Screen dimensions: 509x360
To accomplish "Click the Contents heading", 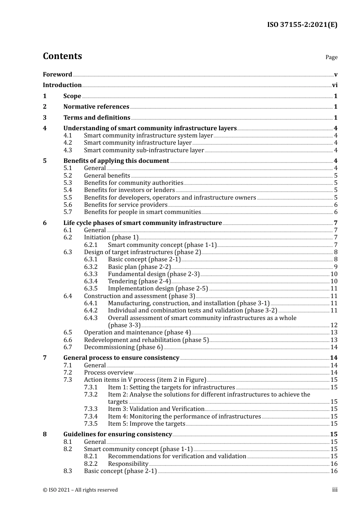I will pos(62,56).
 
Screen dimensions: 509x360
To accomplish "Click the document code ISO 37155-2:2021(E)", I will pos(302,25).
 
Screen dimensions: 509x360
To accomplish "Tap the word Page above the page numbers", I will pos(331,57).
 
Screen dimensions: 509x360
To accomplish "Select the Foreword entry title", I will pos(57,75).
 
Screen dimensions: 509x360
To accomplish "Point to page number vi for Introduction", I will pos(335,85).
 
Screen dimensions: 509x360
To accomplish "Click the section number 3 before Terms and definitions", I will pos(45,118).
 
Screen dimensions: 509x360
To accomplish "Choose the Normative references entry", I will pos(96,107).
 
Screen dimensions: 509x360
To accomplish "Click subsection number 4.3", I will pos(67,150).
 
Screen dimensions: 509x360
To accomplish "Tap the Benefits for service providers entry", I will pos(125,205).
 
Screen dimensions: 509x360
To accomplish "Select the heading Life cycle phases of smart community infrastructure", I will pos(142,223).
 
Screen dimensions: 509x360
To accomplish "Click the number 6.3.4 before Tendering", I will pos(91,281).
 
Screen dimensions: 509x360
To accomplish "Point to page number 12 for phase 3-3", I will pos(334,325).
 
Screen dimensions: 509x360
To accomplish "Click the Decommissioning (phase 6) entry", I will pos(123,347).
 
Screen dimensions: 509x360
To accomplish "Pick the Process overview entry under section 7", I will pos(108,373).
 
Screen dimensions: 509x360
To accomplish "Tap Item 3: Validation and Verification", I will pos(156,409).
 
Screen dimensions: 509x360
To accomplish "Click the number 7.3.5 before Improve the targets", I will pos(91,424).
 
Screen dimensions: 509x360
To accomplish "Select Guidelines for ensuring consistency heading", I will pos(117,434).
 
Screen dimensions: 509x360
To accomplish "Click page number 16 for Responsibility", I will pos(334,464).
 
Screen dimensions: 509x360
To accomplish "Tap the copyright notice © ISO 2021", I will pos(80,490).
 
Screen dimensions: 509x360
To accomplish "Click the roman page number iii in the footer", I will pos(335,490).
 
